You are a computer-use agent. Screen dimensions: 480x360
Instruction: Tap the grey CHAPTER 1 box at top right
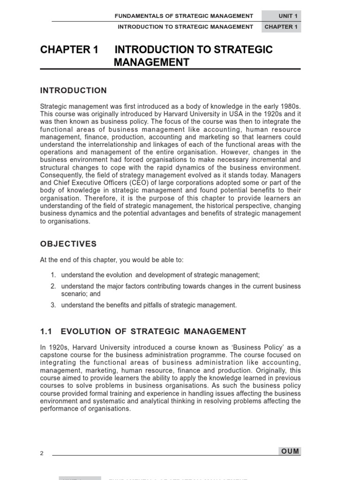(281, 27)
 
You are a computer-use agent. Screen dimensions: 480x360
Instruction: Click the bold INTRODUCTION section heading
(74, 90)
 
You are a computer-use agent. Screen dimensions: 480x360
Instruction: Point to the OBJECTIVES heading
(68, 244)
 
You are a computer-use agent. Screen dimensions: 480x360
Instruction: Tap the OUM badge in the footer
(289, 451)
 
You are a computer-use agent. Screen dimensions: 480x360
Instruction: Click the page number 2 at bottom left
(42, 453)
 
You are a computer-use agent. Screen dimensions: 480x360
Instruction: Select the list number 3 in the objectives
(53, 305)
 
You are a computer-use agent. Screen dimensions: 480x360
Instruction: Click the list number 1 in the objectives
(53, 275)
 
